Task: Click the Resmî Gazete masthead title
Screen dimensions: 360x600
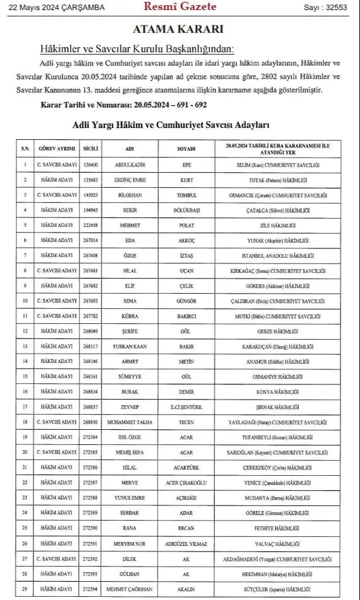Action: tap(180, 7)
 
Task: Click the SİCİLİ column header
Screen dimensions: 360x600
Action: tap(91, 149)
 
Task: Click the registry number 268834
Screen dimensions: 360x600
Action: tap(91, 391)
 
